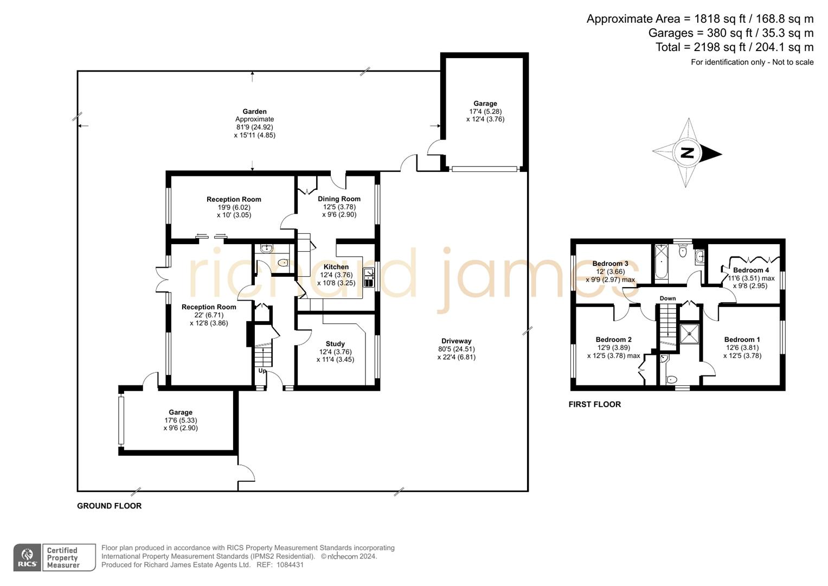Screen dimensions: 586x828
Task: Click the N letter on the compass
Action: click(x=687, y=153)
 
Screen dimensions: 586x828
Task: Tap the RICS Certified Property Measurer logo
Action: click(x=54, y=557)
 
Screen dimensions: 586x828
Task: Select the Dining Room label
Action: click(x=339, y=199)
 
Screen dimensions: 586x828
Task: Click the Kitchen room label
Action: click(x=336, y=267)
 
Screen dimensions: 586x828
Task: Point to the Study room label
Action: click(x=335, y=344)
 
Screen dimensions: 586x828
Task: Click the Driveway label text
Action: click(x=456, y=341)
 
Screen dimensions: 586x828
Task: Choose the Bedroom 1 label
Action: click(x=742, y=340)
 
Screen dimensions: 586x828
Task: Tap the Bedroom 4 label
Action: click(x=751, y=270)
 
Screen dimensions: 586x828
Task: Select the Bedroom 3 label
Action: click(x=610, y=264)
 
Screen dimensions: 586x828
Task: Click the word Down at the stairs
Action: click(x=667, y=298)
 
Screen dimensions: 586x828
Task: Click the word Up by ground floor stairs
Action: click(x=262, y=371)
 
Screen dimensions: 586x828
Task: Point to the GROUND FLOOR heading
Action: click(x=109, y=506)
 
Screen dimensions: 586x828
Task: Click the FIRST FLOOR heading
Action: click(x=594, y=404)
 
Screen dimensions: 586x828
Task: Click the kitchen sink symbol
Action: click(x=369, y=277)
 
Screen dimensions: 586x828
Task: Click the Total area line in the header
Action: click(x=734, y=47)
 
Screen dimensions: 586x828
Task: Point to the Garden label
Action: click(x=254, y=112)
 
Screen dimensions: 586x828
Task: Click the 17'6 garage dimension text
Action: click(x=181, y=421)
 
